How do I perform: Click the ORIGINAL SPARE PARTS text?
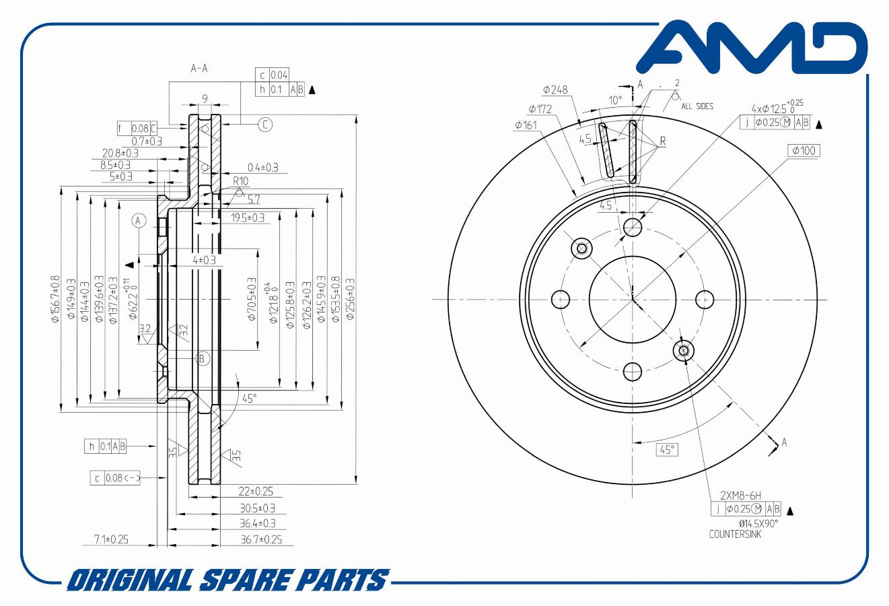(x=229, y=580)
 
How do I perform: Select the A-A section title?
(x=199, y=69)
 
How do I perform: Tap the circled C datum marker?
(x=265, y=124)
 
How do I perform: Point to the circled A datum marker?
(x=139, y=220)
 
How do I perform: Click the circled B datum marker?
(x=203, y=358)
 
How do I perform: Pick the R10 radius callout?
(x=240, y=181)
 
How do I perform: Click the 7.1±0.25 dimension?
(x=111, y=539)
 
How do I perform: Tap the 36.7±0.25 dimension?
(x=262, y=539)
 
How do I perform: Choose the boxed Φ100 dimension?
(x=804, y=150)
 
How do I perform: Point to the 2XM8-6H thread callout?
(x=740, y=496)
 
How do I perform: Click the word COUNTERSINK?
(x=736, y=535)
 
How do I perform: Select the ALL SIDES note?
(x=697, y=106)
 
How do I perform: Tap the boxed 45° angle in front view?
(x=666, y=450)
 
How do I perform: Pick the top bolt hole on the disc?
(x=633, y=227)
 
